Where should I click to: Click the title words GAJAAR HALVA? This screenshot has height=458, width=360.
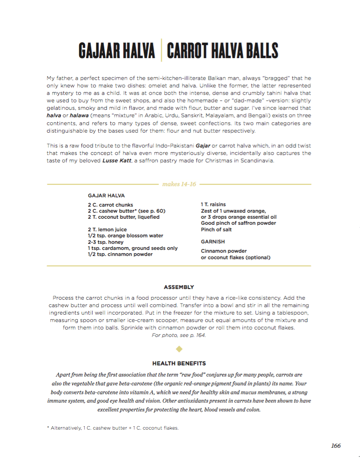tap(117, 50)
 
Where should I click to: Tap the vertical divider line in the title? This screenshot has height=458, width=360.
tap(161, 50)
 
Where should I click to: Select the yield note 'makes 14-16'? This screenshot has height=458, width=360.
tap(179, 184)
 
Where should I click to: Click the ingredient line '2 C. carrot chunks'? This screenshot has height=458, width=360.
tap(110, 205)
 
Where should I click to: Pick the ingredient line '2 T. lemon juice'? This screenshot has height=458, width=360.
tap(107, 229)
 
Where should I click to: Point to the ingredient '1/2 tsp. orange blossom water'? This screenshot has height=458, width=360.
tap(120, 236)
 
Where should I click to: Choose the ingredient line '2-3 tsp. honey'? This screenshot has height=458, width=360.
tap(104, 242)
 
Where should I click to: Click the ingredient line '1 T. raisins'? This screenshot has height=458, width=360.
tap(213, 205)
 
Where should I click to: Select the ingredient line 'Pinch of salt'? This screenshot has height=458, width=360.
tap(216, 229)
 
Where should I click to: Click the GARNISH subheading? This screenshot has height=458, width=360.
tap(213, 242)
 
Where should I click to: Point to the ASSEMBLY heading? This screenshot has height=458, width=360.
tap(179, 287)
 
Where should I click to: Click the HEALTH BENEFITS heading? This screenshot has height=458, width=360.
tap(179, 363)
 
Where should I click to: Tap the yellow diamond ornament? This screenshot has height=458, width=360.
tap(179, 348)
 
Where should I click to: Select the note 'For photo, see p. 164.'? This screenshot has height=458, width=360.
tap(179, 335)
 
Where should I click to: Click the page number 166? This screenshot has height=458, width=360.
tap(335, 445)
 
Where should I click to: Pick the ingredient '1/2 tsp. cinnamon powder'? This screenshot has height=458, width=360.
tap(120, 254)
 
